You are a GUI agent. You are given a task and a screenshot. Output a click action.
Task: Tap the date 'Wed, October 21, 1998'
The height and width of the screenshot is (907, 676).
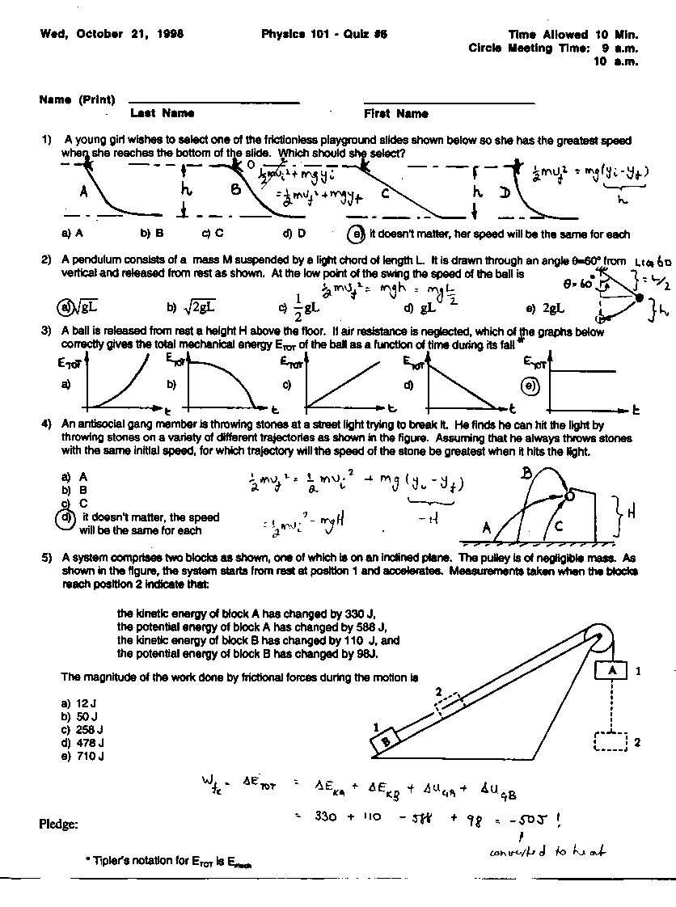pyautogui.click(x=112, y=35)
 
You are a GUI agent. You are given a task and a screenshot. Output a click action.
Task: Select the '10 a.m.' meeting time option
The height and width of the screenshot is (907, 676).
pyautogui.click(x=615, y=61)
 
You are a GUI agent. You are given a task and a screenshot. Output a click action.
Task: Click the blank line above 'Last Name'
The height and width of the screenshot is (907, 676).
pyautogui.click(x=213, y=103)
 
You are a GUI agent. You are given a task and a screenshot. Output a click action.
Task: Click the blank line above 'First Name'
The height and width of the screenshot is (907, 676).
pyautogui.click(x=449, y=103)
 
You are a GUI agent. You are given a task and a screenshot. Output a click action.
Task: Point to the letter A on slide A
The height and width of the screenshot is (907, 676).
pyautogui.click(x=84, y=192)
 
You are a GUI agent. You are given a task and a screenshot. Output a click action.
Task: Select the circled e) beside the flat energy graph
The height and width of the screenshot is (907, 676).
pyautogui.click(x=530, y=386)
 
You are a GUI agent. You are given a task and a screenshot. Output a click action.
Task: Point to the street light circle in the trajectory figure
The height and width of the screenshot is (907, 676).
pyautogui.click(x=568, y=496)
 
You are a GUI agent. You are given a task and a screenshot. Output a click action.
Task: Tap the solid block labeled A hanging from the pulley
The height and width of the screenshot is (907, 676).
pyautogui.click(x=612, y=670)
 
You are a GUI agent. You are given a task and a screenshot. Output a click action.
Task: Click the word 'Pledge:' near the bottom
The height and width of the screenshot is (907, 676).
pyautogui.click(x=59, y=824)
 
